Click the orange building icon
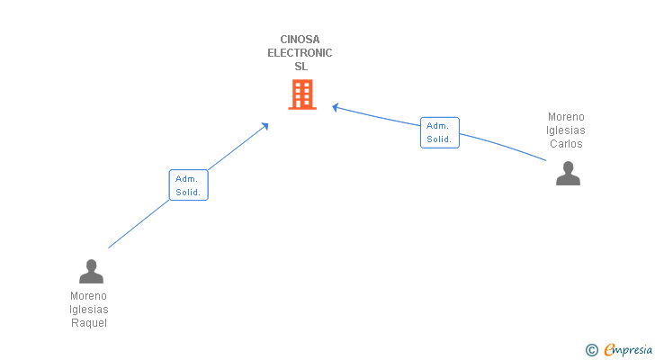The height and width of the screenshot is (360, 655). [x=301, y=94]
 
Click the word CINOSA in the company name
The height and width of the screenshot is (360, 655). [x=300, y=40]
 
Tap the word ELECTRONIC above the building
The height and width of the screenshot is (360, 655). [x=300, y=53]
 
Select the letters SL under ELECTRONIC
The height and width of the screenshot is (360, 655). [x=301, y=67]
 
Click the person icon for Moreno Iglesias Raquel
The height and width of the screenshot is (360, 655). [x=91, y=271]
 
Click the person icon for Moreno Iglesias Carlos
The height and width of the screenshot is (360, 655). [x=568, y=173]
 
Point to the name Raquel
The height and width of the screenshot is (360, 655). [x=89, y=323]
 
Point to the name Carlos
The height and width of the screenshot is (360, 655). [x=567, y=144]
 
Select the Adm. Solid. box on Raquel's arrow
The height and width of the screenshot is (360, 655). [x=188, y=185]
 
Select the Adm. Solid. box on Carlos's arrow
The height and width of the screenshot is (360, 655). [x=439, y=132]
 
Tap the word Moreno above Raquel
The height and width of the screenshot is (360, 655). [x=88, y=296]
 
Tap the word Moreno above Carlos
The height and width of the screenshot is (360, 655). [x=567, y=117]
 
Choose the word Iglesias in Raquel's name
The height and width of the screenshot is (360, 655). [x=88, y=310]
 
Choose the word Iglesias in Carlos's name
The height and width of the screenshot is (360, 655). [x=567, y=130]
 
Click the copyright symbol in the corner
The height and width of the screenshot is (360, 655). [x=591, y=350]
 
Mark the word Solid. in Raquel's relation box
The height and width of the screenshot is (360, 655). [x=188, y=193]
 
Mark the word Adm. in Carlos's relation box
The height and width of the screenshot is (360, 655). [x=438, y=125]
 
